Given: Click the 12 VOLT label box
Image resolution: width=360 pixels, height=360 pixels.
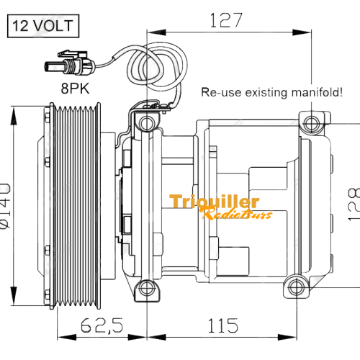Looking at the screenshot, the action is point(43,26).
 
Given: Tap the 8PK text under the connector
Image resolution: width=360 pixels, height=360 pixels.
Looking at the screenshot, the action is point(75,89).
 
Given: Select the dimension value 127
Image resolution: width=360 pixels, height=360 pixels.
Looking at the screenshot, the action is point(226,20).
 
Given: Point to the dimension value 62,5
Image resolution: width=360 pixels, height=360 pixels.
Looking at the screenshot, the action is point(102,325).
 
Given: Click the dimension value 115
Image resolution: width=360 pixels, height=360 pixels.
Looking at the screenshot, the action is point(223,325).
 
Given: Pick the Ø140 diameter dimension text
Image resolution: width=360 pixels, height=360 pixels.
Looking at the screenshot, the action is point(5,206).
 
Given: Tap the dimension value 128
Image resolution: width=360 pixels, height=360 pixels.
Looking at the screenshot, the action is point(354,204).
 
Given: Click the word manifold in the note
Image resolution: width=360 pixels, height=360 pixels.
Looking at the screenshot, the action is point(317,92).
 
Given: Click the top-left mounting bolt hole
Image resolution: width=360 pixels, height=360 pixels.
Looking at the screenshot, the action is point(146,123).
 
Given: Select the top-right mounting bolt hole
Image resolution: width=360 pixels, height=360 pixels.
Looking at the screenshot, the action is point(311,124).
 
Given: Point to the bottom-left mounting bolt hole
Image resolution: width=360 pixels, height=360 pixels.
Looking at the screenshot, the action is point(146,288).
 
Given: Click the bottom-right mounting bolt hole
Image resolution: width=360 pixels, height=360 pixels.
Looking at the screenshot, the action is point(297,287).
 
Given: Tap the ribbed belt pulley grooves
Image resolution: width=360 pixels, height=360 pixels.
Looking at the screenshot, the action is point(75,206).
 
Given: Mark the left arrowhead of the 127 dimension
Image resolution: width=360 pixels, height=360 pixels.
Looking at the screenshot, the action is point(156,32).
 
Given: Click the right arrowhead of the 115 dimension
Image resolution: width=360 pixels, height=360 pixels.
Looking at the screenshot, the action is point(287,337).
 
